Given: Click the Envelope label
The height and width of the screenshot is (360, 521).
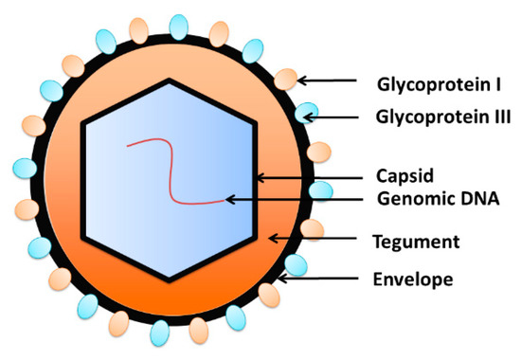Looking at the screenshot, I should pos(411,279).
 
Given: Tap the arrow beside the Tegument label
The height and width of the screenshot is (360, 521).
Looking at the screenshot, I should pos(313,242).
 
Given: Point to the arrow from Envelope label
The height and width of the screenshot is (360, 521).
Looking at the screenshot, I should pos(322,279).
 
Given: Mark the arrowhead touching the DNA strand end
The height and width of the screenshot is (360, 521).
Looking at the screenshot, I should pos(228,200).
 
